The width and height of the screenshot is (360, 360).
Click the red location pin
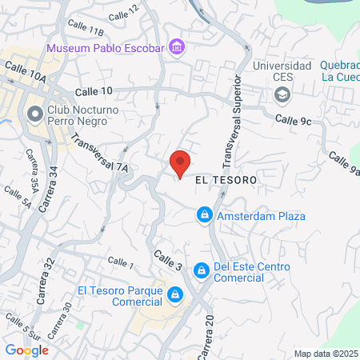[x=181, y=162]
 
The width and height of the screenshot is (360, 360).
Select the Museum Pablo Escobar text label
[x=105, y=48]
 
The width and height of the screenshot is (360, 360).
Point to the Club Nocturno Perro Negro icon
[x=34, y=114]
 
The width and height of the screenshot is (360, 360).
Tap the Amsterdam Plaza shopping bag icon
[x=205, y=215]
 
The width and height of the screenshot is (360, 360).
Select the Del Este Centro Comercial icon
[x=201, y=271]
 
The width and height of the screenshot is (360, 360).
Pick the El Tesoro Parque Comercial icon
[x=174, y=297]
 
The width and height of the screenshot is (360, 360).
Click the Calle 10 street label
[x=95, y=92]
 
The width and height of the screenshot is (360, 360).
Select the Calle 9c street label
[x=292, y=119]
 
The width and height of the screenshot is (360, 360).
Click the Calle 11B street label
[x=86, y=31]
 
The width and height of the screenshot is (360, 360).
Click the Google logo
[x=26, y=350]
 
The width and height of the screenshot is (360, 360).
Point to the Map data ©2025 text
[x=326, y=354]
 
